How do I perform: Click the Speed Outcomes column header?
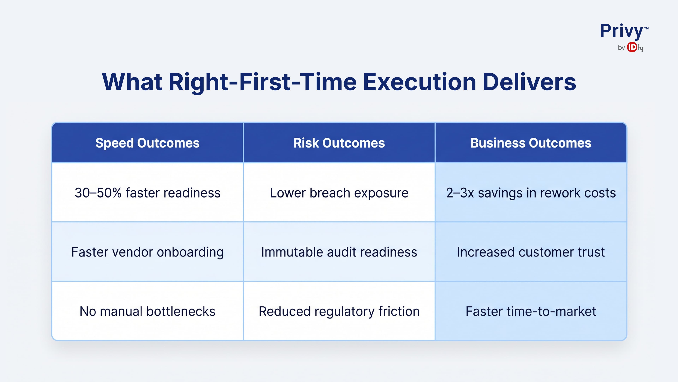[x=147, y=143]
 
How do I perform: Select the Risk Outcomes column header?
[x=339, y=143]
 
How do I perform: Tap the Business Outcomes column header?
[x=531, y=143]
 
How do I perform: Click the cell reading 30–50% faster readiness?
[x=147, y=193]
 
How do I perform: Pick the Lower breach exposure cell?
[x=339, y=193]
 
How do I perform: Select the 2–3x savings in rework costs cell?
[x=531, y=193]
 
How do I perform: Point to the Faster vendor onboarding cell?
[x=147, y=252]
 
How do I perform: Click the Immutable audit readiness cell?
[x=339, y=252]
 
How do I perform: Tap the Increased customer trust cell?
[x=531, y=252]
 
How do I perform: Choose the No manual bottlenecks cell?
[x=147, y=311]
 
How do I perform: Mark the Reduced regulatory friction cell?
[x=339, y=311]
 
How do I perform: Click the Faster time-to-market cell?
[x=531, y=311]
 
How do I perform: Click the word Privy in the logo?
[x=621, y=31]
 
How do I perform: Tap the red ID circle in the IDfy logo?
[x=632, y=47]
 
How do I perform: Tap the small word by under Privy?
[x=621, y=48]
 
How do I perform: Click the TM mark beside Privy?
[x=646, y=28]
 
